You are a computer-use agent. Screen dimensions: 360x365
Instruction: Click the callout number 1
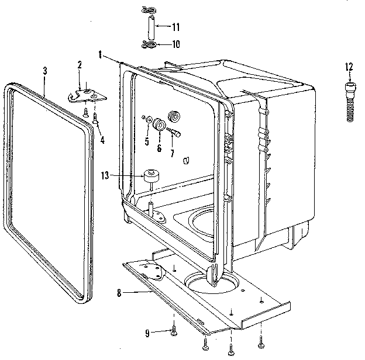(101, 54)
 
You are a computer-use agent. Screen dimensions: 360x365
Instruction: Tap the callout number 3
(45, 71)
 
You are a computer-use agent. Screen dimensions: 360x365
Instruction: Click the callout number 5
(146, 141)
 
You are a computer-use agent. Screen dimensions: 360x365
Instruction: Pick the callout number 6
(159, 148)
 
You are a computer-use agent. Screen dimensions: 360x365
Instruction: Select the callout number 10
(175, 44)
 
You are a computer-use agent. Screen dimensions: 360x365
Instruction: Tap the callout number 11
(176, 27)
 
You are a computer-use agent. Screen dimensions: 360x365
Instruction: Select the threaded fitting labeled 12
(350, 101)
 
